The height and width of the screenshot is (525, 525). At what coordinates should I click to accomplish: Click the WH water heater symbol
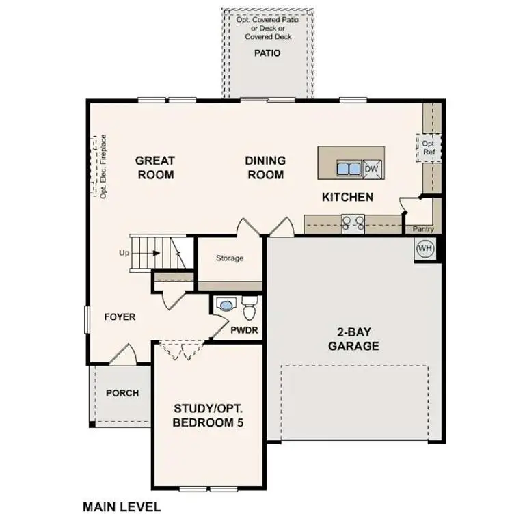(425, 247)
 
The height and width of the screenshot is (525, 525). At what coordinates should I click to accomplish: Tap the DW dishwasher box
(371, 169)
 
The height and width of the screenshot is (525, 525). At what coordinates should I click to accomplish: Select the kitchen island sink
(349, 169)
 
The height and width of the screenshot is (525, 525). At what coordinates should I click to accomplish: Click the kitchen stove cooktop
(353, 221)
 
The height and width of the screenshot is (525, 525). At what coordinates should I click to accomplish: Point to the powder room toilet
(249, 308)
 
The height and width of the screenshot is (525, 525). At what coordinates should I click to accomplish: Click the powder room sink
(225, 305)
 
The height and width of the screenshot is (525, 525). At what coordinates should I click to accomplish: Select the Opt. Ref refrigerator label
(429, 148)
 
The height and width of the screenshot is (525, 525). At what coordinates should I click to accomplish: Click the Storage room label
(230, 258)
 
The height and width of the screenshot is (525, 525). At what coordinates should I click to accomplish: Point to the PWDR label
(243, 331)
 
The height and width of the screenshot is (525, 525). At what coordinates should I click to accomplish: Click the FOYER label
(120, 317)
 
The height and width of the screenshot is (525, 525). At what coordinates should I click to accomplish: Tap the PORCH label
(122, 393)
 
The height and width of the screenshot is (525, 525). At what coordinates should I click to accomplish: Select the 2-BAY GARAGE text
(353, 339)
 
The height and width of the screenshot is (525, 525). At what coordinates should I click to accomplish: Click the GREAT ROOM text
(154, 167)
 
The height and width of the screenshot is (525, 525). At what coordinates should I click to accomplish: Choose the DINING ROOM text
(265, 167)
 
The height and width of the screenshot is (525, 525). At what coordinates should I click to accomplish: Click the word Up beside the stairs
(124, 253)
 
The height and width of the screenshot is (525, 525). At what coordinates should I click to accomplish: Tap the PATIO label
(267, 53)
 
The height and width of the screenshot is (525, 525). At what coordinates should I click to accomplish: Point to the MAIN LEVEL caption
(122, 507)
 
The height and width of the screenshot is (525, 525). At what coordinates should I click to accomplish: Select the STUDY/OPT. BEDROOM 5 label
(208, 416)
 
